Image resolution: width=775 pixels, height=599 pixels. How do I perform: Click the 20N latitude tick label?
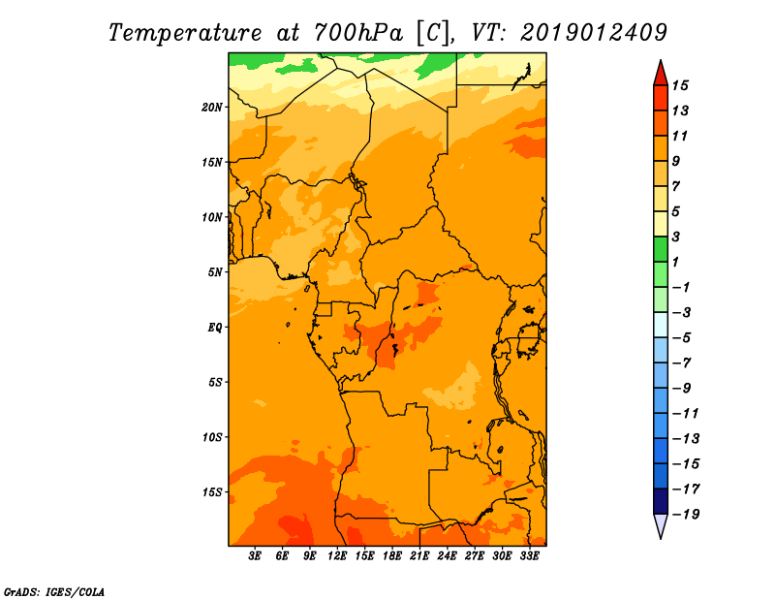point(212,108)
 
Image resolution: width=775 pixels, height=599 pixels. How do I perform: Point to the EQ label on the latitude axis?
point(214,328)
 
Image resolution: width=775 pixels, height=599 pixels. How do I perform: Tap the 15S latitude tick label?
point(212,492)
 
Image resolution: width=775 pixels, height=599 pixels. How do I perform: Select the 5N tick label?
point(215,272)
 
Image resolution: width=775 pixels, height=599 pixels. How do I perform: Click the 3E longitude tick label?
point(255,556)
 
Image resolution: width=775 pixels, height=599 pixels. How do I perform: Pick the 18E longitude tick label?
point(392,556)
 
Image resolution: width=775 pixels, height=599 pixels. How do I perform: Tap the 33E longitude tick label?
point(529,556)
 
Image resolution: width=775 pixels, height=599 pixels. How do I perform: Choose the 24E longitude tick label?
point(447,556)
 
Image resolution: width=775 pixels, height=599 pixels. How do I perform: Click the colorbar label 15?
point(680,85)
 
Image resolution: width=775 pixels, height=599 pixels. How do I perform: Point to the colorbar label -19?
point(686,515)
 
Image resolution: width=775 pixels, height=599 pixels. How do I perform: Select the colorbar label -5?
point(682,338)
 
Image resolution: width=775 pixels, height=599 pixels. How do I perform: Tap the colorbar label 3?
point(676,236)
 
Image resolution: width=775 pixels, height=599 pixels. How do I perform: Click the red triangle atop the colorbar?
point(661,74)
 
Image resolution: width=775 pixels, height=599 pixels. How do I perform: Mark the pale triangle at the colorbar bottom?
point(661,525)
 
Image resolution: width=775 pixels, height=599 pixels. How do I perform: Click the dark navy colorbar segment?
point(661,501)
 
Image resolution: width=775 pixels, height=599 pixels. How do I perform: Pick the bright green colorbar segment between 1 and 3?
point(661,249)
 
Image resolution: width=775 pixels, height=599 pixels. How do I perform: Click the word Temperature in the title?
point(185,33)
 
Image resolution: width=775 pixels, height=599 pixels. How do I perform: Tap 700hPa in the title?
point(358,33)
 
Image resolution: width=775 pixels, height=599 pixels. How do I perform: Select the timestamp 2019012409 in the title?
point(594,32)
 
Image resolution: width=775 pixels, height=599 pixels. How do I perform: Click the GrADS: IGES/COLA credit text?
point(54,592)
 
